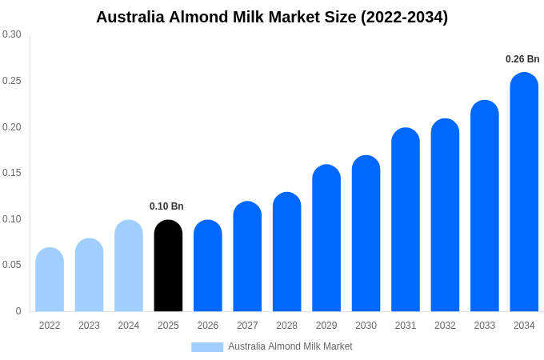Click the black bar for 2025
coord(168,266)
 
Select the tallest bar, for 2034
coord(524,192)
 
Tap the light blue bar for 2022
coord(50,280)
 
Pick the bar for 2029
coord(326,238)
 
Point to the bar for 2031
coord(406,220)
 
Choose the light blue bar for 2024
coord(129,266)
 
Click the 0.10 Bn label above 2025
coord(166,206)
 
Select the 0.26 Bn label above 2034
coord(522,59)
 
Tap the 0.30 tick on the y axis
coord(12,34)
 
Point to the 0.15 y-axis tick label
coord(12,173)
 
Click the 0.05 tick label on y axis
coord(12,265)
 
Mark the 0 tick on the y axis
coord(18,311)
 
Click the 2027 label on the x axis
coord(247,326)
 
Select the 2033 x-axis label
coord(485,326)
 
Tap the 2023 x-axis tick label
coord(89,326)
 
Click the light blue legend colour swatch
coord(207,346)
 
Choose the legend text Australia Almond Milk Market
coord(290,346)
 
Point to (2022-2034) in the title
coord(405,17)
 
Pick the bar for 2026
coord(208,266)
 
